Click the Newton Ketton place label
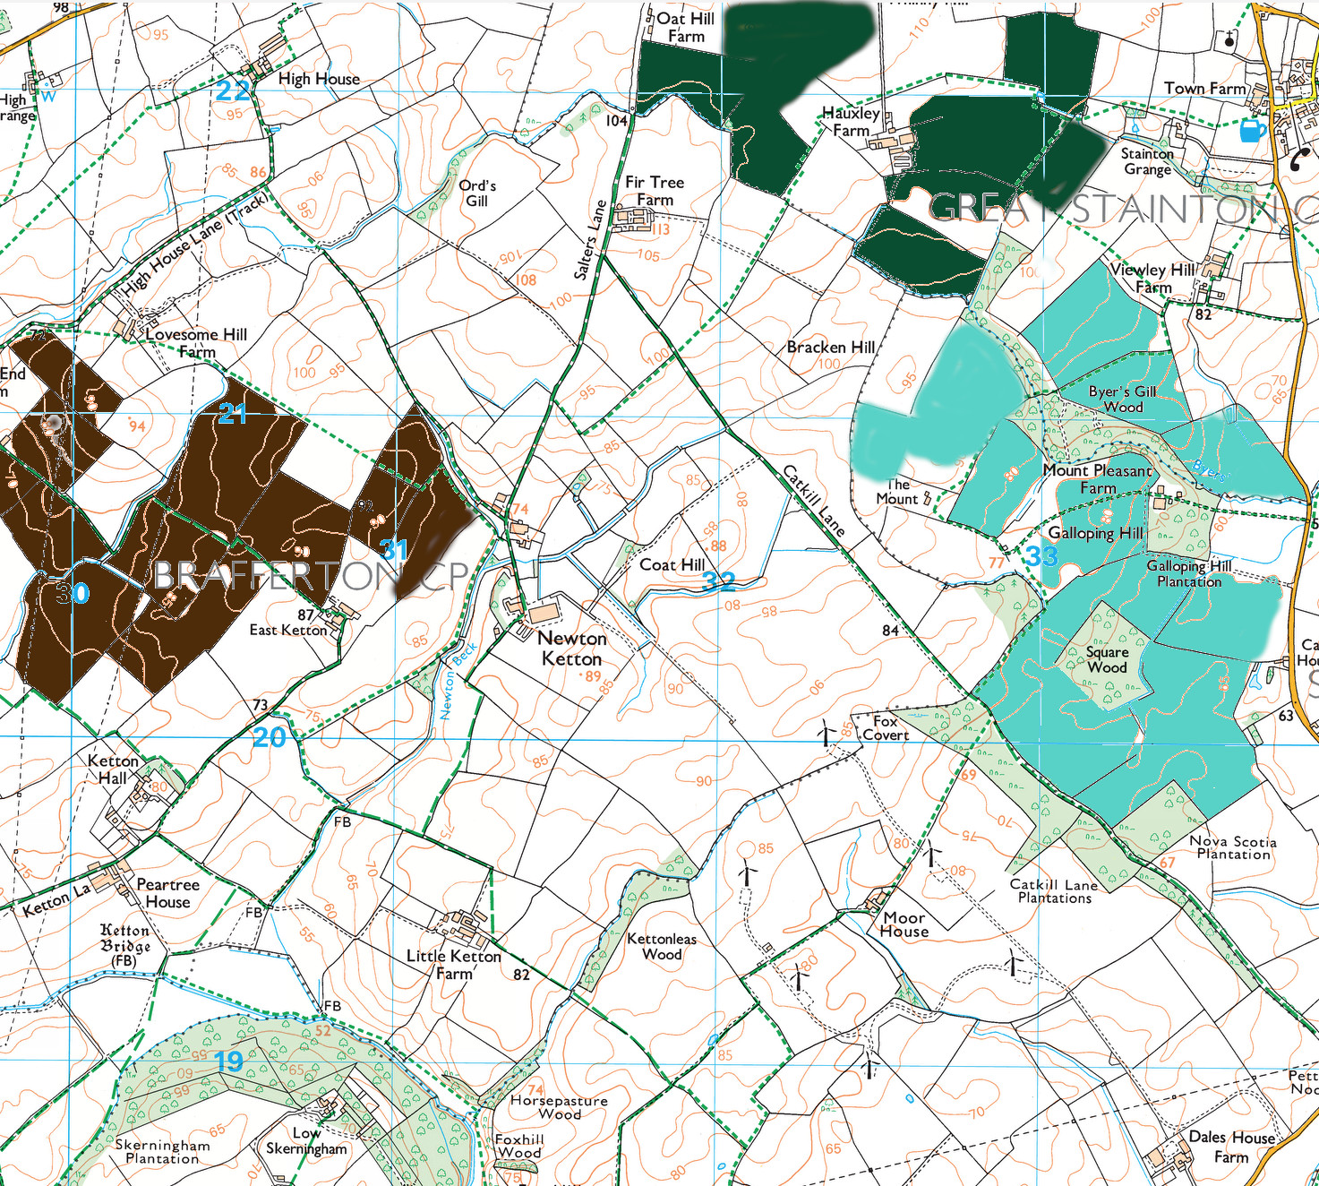(572, 649)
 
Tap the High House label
(319, 79)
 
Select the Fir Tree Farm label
(655, 191)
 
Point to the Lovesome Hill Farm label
(196, 342)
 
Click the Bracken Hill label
(830, 347)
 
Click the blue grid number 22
(233, 90)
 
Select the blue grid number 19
(228, 1061)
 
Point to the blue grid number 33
(1041, 556)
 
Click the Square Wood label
(1107, 659)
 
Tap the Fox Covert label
(886, 727)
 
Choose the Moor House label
(904, 924)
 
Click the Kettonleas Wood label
(662, 946)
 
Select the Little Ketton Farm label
(454, 964)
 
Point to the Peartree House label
(167, 893)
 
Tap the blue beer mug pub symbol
(1252, 131)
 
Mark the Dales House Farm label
(1231, 1147)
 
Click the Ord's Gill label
(477, 193)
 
